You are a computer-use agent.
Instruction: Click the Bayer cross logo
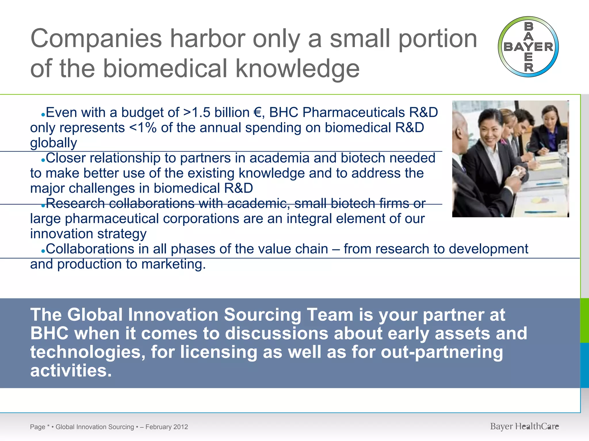point(528,47)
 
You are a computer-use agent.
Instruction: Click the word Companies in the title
point(96,39)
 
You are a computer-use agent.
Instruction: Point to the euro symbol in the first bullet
point(258,113)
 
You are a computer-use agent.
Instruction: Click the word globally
point(53,143)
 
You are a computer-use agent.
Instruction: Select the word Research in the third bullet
point(75,204)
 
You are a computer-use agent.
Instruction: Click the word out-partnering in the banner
point(441,352)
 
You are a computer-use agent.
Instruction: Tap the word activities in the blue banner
point(70,371)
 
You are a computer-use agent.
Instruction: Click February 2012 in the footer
point(167,427)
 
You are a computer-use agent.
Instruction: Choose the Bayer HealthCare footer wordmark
point(524,427)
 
